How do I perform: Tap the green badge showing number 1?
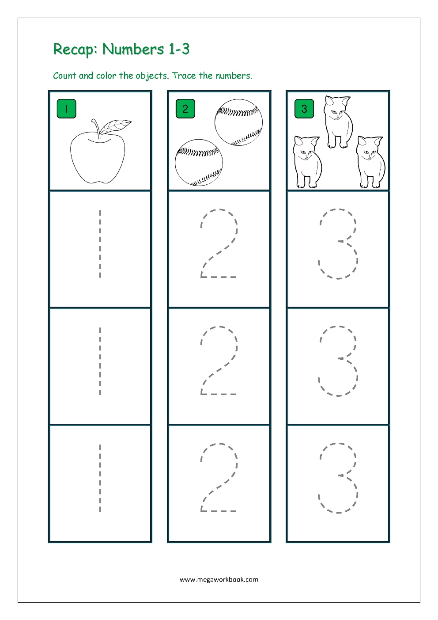pos(66,109)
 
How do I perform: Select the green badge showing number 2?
pos(185,109)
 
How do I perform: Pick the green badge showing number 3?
pos(304,109)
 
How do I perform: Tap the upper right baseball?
pos(238,122)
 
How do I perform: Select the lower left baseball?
pos(199,163)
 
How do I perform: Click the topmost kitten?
pos(338,122)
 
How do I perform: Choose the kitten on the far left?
pos(307,162)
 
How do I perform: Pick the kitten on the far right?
pos(370,162)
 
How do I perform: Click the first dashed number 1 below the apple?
pos(100,244)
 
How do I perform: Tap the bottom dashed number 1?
pos(100,478)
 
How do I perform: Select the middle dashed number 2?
pos(219,361)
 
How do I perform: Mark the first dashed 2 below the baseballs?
pos(219,243)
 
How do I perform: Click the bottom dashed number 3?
pos(338,478)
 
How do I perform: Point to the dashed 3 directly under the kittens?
pos(338,243)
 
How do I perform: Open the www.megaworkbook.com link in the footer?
pos(219,579)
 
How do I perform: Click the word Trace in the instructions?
pos(184,76)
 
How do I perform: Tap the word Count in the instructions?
pos(64,76)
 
